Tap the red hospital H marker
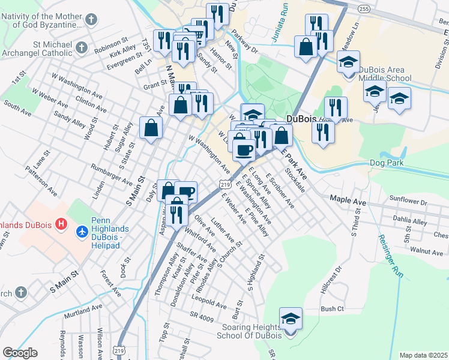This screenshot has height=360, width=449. [61, 225]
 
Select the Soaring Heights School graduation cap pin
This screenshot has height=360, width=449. [291, 319]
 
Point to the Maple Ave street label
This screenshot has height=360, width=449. [348, 197]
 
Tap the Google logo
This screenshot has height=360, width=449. [20, 352]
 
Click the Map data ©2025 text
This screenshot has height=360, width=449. [423, 355]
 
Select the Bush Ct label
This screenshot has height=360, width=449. [331, 309]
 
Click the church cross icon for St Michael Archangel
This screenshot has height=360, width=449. [82, 47]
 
